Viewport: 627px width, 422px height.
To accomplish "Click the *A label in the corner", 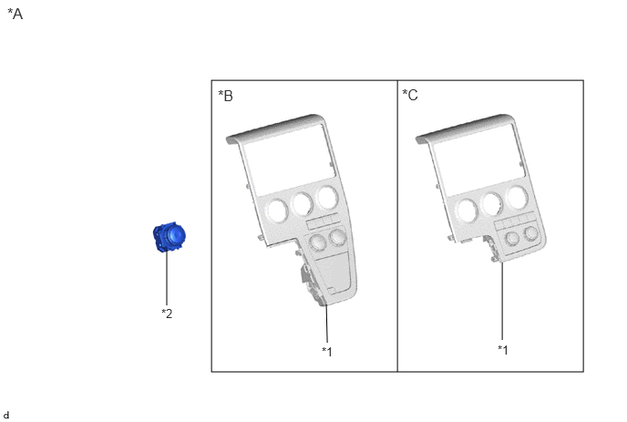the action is (15, 14).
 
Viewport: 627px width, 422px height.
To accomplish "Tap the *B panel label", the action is (225, 96).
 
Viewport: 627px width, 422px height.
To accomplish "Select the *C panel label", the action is (410, 95).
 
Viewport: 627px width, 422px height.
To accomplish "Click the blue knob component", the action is (170, 237).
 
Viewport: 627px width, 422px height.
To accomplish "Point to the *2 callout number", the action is (167, 314).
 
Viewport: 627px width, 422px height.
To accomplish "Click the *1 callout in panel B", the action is (327, 352).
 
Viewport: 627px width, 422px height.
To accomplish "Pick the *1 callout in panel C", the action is (503, 350).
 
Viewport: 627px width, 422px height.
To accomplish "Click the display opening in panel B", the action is (289, 160).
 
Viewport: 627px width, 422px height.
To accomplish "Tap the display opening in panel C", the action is (478, 160).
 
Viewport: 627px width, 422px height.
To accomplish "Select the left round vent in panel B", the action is (277, 211).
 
